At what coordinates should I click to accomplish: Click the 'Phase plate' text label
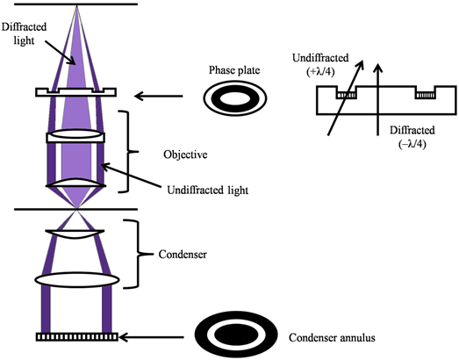point(234,70)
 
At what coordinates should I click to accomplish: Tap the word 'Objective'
point(185,155)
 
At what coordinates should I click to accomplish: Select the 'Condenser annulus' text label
point(332,338)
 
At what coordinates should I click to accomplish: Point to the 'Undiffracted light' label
point(207,191)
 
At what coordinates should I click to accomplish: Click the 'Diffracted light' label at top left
point(24,33)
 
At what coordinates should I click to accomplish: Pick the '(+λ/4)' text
point(320,72)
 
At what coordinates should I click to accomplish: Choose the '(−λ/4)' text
point(412,144)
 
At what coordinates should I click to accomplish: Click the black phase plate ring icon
point(235,98)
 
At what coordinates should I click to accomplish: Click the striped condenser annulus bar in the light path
point(77,337)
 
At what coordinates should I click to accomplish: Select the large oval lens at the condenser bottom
point(77,280)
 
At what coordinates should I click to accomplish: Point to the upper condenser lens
point(75,234)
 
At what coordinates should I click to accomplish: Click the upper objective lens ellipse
point(75,133)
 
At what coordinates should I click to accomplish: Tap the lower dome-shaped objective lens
point(75,183)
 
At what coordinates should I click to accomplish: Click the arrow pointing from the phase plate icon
point(158,96)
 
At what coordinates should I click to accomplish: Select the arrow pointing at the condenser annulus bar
point(151,337)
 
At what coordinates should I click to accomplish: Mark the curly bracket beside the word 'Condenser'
point(138,254)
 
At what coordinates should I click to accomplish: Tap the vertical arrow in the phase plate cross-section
point(378,98)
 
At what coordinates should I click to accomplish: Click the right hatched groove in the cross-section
point(426,95)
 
